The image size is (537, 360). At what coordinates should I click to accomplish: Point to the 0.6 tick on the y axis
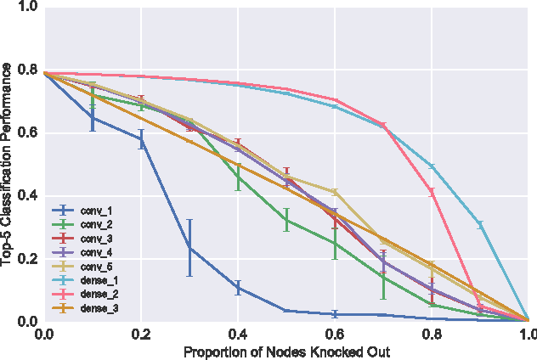point(26,133)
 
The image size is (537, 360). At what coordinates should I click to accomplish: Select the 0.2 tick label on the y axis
point(26,259)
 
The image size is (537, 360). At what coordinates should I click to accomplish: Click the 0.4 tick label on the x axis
point(238,335)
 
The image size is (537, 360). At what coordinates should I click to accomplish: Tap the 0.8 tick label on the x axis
point(432,335)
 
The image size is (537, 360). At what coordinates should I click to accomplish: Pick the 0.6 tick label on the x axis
point(335,335)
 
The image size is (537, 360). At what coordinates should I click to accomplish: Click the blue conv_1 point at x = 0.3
point(189,248)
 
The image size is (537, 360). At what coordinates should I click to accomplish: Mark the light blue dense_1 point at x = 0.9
point(480,224)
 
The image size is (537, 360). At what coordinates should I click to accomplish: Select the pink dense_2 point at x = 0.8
point(432,192)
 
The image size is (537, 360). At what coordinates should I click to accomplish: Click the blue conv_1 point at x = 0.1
point(93,117)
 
